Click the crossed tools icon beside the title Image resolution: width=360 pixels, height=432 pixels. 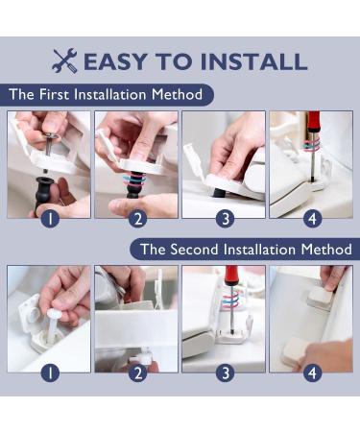pyautogui.click(x=64, y=60)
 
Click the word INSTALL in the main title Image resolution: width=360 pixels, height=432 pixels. pyautogui.click(x=254, y=61)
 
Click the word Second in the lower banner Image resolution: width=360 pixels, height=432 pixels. pyautogui.click(x=194, y=250)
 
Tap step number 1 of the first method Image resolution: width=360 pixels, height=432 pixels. pyautogui.click(x=51, y=219)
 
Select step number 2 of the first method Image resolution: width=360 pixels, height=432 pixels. pyautogui.click(x=138, y=219)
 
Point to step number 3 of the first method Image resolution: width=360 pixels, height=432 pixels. pyautogui.click(x=226, y=219)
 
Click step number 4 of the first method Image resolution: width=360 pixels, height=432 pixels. pyautogui.click(x=312, y=219)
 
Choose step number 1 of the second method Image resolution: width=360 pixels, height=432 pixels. pyautogui.click(x=51, y=373)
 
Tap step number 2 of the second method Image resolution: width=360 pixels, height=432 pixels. pyautogui.click(x=138, y=373)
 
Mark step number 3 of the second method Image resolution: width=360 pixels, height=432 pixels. pyautogui.click(x=226, y=373)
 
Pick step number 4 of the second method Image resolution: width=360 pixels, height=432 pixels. pyautogui.click(x=312, y=373)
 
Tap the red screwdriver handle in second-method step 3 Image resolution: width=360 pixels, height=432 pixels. pyautogui.click(x=232, y=276)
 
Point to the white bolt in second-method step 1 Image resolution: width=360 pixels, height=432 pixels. pyautogui.click(x=52, y=324)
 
